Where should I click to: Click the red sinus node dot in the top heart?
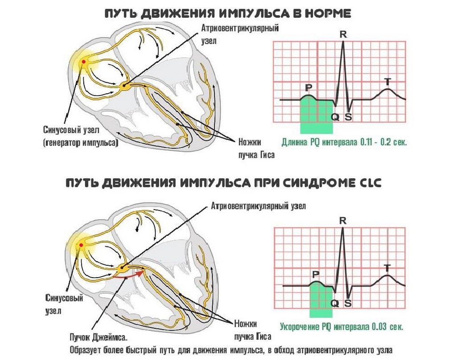coord(83,61)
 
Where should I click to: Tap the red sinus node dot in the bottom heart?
coord(81,245)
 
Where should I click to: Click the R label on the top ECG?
coord(342,34)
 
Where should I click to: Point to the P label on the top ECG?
coord(309,89)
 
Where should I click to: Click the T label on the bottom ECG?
coord(387,268)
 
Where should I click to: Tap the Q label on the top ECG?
coord(335,117)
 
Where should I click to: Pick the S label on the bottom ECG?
coord(348,303)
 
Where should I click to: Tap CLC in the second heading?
coord(367,183)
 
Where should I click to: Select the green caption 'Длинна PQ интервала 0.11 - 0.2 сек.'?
coord(345,143)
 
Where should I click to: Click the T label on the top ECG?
coord(387,81)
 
